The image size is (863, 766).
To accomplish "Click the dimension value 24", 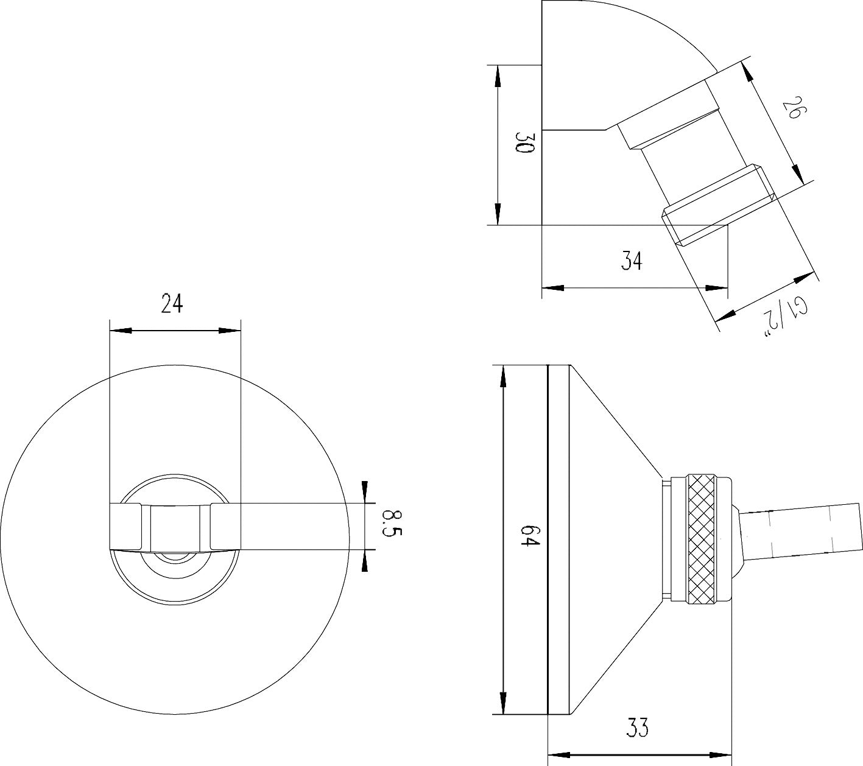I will point(172,303).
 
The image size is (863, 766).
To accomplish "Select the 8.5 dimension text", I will point(390,524).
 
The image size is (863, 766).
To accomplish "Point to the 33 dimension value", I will point(637,728).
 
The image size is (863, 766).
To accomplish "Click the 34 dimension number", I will point(632,261).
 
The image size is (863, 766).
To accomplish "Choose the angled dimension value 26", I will point(792,110).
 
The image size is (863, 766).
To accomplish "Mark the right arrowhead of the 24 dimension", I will point(230,331).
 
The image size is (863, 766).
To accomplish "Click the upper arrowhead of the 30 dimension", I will point(498,76).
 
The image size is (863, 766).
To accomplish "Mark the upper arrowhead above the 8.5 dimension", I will point(364,491).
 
